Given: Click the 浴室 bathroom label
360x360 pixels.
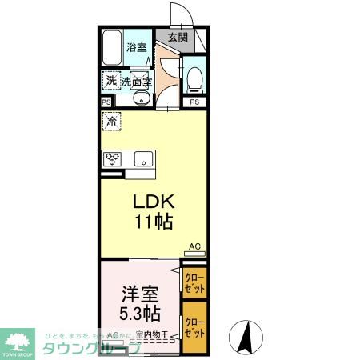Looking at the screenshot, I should tap(136, 47).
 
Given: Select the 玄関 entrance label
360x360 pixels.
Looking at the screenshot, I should tap(178, 37).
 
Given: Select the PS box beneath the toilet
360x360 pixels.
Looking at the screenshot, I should tap(195, 102).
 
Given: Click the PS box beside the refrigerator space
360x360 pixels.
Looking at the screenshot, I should tap(106, 102).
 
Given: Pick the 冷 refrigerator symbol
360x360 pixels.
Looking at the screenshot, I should tap(111, 122).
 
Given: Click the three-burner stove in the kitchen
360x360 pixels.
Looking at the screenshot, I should tap(112, 158).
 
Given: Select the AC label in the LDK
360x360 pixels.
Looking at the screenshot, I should tap(194, 246).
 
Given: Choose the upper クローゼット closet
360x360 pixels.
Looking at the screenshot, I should tap(194, 282).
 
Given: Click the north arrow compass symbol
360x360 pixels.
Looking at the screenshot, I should tap(246, 336).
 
